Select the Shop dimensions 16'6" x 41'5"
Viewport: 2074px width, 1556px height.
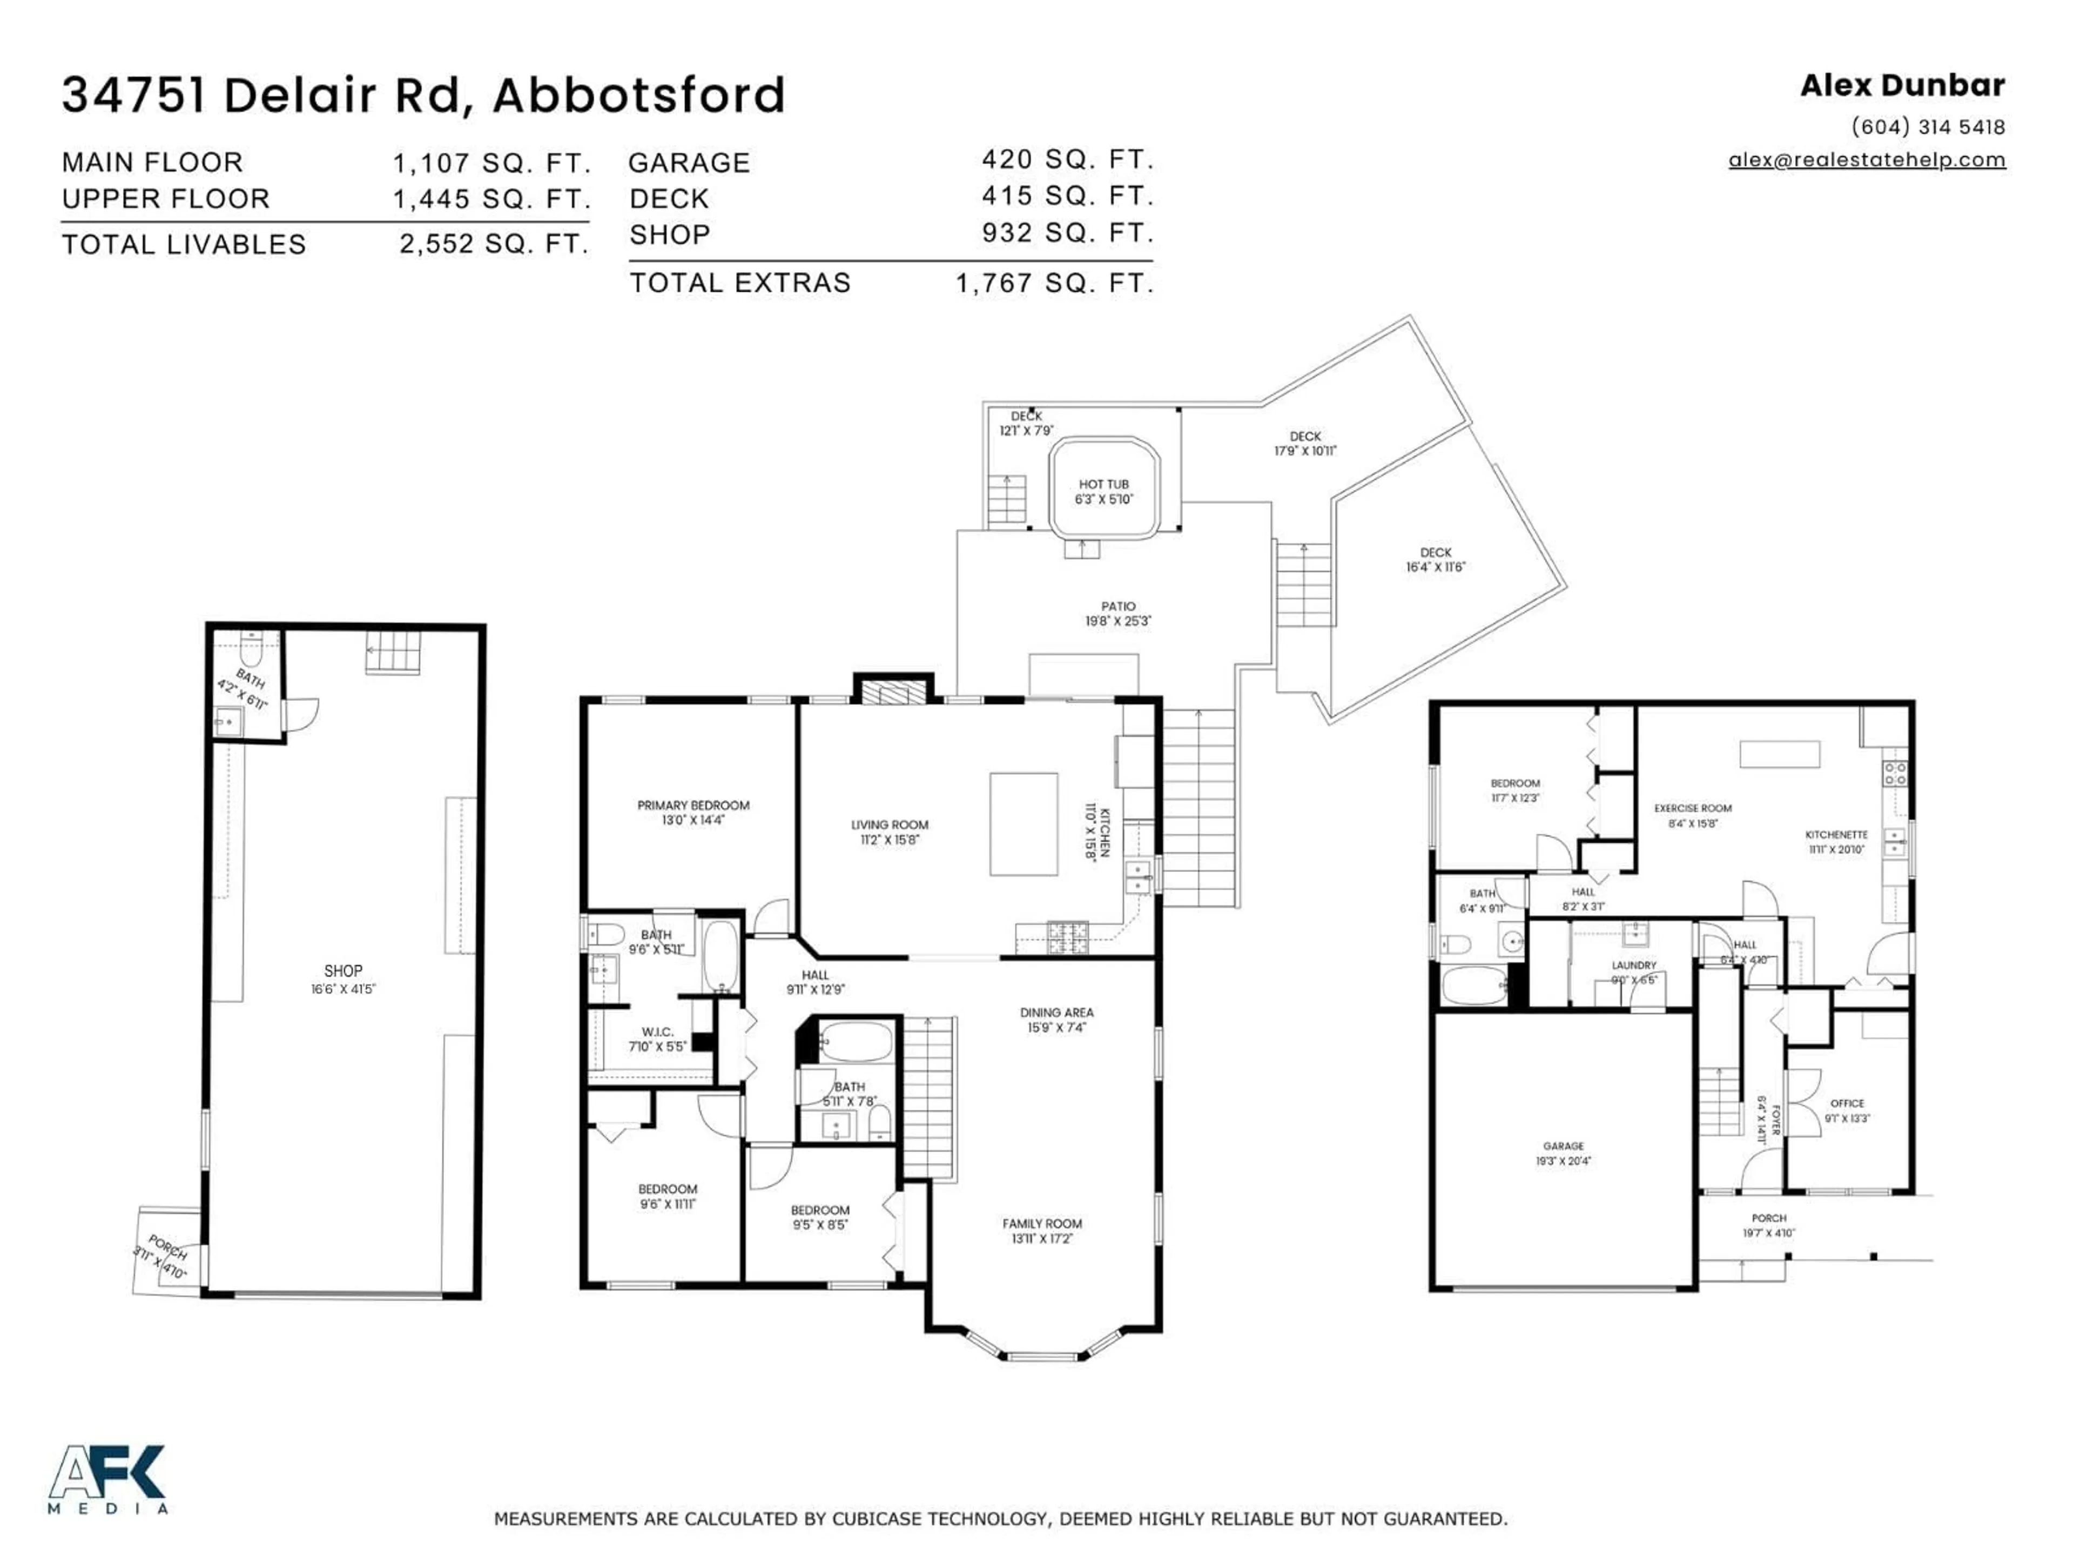point(343,989)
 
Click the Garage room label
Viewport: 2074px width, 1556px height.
point(1563,1146)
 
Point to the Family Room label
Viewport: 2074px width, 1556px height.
point(1042,1223)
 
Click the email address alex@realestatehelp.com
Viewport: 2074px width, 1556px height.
point(1867,159)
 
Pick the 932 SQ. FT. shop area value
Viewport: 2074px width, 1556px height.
point(1067,233)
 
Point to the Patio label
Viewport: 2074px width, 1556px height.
point(1117,607)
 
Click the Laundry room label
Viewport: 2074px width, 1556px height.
point(1633,965)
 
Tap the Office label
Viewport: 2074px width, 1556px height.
point(1847,1103)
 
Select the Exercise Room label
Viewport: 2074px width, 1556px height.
point(1692,808)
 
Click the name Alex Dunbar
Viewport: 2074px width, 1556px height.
point(1902,86)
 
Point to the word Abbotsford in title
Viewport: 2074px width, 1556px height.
point(638,96)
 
